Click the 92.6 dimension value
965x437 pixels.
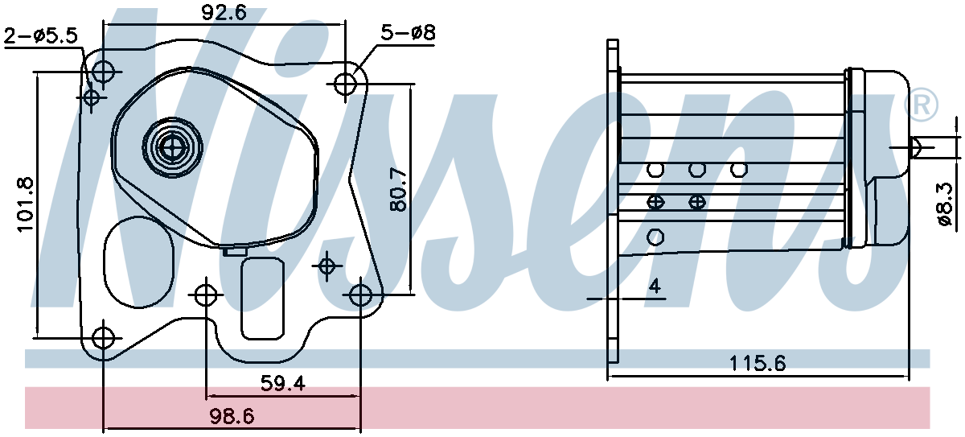[224, 12]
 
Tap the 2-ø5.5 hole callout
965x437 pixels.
[41, 35]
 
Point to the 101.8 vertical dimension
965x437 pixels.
[26, 205]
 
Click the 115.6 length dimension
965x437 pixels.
[757, 363]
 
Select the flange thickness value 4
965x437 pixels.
[655, 285]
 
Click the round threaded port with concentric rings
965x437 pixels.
[170, 146]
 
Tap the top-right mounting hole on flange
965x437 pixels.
[347, 84]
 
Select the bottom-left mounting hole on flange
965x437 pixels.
[103, 338]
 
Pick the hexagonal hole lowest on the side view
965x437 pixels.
[655, 237]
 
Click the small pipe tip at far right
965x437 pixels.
[915, 146]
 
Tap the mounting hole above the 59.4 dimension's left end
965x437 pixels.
[207, 295]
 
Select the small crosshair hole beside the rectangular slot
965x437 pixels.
[327, 265]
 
